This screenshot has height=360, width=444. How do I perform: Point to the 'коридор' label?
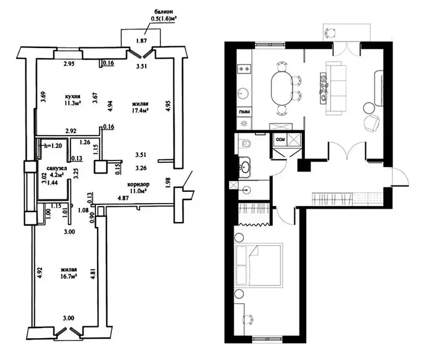pyautogui.click(x=138, y=184)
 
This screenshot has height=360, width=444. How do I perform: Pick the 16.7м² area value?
pyautogui.click(x=70, y=275)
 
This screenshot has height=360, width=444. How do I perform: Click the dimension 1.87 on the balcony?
pyautogui.click(x=141, y=41)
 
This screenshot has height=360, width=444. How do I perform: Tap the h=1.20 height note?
pyautogui.click(x=52, y=146)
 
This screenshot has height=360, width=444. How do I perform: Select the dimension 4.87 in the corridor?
pyautogui.click(x=124, y=198)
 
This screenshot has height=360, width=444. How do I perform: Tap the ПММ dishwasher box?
pyautogui.click(x=244, y=112)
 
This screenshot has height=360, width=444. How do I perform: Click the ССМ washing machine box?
pyautogui.click(x=279, y=139)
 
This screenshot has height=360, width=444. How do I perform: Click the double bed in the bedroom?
pyautogui.click(x=259, y=265)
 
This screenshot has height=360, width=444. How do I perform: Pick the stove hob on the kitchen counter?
pyautogui.click(x=244, y=69)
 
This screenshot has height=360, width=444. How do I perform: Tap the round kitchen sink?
pyautogui.click(x=243, y=92)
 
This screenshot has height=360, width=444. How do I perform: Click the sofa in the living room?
pyautogui.click(x=336, y=88)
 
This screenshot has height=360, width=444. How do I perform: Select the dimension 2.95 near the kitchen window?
pyautogui.click(x=69, y=64)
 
